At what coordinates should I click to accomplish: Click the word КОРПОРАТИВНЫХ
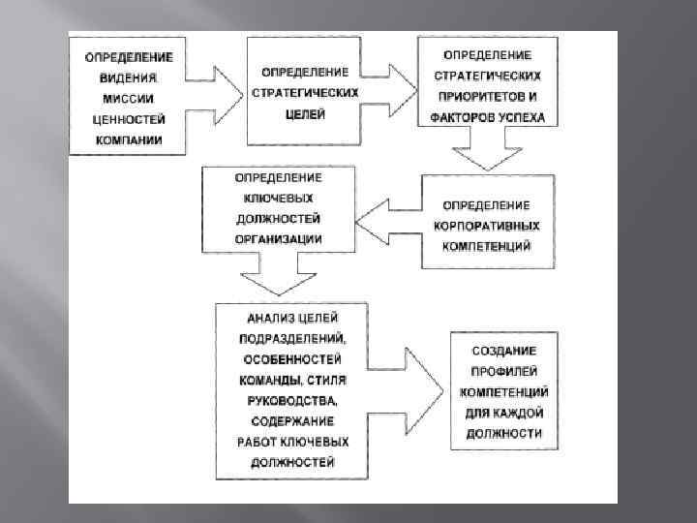(486, 226)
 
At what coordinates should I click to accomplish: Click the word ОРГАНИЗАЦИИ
(278, 239)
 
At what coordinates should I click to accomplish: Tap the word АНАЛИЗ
(262, 316)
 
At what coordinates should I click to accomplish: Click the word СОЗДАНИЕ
(503, 349)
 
